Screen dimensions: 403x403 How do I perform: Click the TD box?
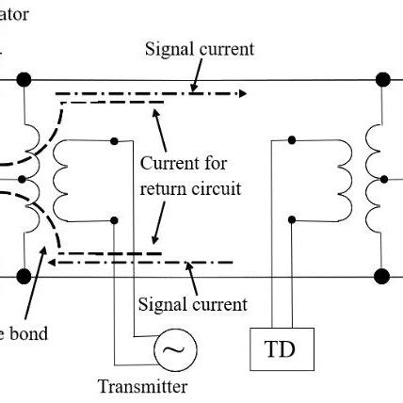point(280,350)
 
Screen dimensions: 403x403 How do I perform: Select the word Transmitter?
point(142,386)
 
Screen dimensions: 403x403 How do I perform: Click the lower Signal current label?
point(192,304)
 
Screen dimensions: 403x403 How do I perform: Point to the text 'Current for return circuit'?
point(190,176)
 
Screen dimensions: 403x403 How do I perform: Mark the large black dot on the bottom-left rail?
point(23,277)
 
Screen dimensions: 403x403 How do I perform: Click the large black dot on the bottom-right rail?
point(382,277)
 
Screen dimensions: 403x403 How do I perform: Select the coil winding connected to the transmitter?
point(63,179)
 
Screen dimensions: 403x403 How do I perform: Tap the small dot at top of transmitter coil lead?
point(114,140)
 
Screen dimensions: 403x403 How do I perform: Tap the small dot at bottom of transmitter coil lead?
point(114,219)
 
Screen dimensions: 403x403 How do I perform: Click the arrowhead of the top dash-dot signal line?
point(244,93)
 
